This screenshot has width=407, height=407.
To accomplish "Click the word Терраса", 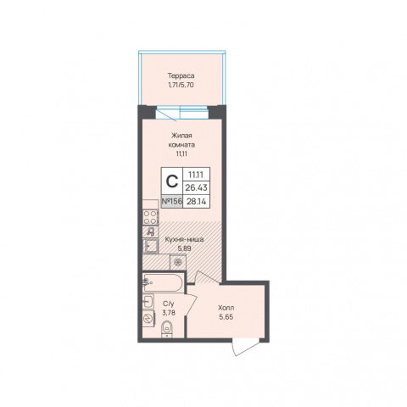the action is coord(181,75).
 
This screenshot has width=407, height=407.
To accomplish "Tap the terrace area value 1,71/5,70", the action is coord(181,85).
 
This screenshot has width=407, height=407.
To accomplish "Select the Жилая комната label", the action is coord(181,140).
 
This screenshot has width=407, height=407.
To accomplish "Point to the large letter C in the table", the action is coord(172,181).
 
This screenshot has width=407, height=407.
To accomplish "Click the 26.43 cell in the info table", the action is coord(197,187).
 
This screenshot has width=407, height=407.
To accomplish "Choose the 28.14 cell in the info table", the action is coord(197,202).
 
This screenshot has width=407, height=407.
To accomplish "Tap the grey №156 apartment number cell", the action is coord(172,202).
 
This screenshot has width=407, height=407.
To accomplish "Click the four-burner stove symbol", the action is coord(150,217).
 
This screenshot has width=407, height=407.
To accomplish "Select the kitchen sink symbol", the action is coord(150,246).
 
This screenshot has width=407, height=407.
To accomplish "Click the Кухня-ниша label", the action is coord(184,240).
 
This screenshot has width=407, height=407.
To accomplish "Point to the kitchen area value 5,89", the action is coord(184,248).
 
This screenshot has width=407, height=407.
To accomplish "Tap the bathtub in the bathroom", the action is coord(163,282).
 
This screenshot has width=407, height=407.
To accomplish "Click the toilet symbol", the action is coord(168,329).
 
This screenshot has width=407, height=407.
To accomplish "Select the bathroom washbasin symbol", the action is coord(148,302).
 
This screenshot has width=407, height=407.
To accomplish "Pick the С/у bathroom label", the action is coord(169,304).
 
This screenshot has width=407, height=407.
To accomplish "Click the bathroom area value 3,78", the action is coord(169,313).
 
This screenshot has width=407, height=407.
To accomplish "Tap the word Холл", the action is coord(226,308).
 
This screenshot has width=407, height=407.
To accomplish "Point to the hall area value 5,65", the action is coord(226,317).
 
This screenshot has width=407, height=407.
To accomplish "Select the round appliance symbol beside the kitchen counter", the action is coord(178,262).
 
